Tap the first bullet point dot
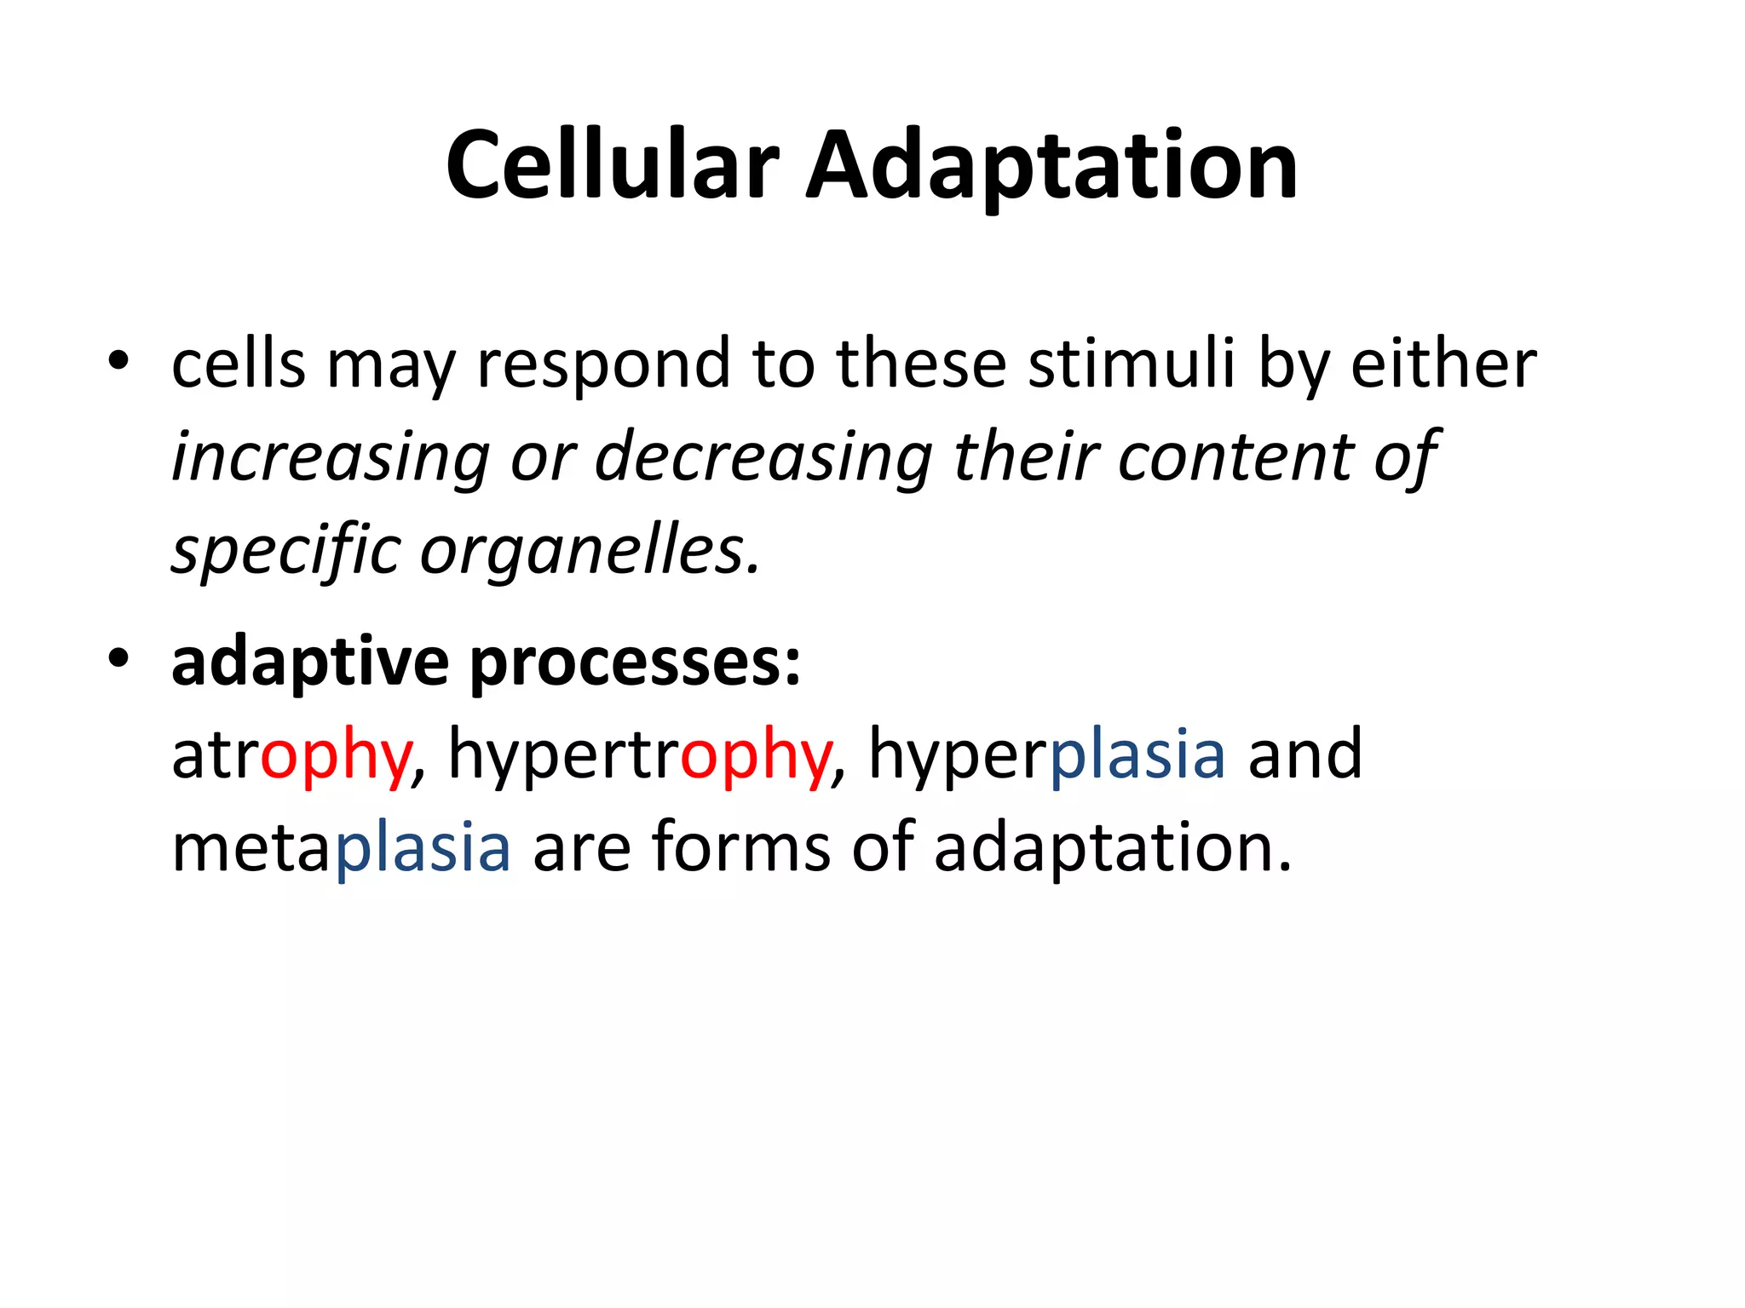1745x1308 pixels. [x=118, y=360]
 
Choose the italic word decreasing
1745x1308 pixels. [x=763, y=457]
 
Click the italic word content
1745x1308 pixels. [x=1235, y=457]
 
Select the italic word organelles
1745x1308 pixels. [x=590, y=551]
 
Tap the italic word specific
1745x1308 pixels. [x=286, y=551]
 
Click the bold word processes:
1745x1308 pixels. [x=636, y=662]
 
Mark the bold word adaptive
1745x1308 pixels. [x=310, y=662]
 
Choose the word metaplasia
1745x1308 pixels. [x=341, y=848]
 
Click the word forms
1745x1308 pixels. [x=740, y=848]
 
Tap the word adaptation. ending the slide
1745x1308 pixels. [x=1113, y=848]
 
